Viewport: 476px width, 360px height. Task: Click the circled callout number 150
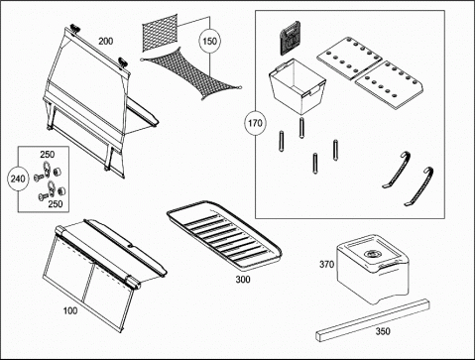coord(209,42)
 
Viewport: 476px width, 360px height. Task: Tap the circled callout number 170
coord(255,124)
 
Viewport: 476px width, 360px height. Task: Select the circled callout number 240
coord(18,179)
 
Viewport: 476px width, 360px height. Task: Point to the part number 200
coord(106,42)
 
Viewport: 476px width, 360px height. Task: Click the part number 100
coord(70,310)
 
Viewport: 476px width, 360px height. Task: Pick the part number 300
coord(243,280)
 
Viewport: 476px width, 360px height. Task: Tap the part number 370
coord(326,265)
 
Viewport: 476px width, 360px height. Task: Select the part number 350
coord(383,331)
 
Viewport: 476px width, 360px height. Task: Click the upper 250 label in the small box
coord(48,155)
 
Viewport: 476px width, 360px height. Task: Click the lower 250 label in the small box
coord(56,204)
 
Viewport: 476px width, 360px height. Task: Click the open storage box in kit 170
coord(297,86)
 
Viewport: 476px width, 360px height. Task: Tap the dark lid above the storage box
coord(290,38)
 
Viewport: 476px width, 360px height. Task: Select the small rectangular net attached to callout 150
coord(160,33)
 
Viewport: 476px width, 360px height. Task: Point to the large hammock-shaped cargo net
coord(191,74)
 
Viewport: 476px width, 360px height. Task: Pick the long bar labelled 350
coord(373,319)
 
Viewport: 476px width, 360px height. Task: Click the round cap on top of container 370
coord(372,254)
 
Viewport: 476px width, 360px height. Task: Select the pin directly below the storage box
coord(301,128)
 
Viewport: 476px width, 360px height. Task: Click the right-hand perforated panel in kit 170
coord(389,84)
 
